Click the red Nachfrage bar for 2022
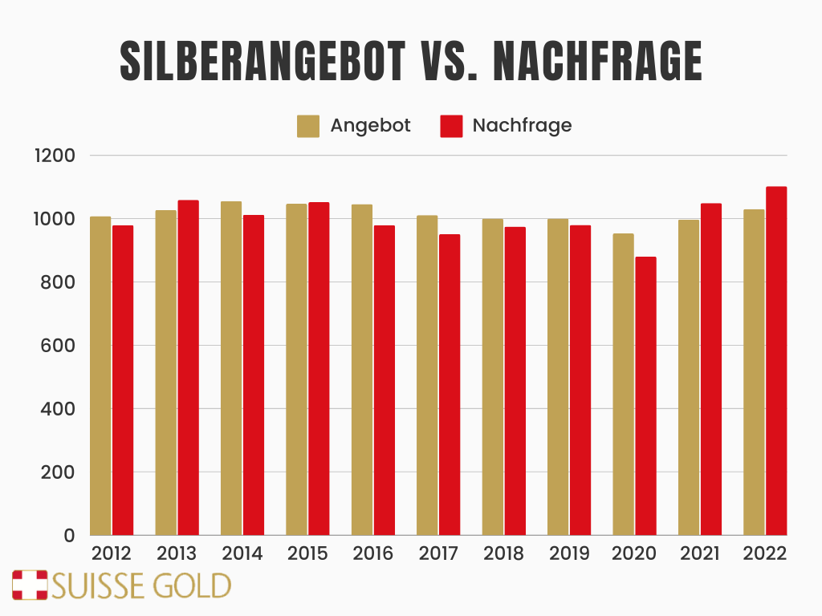[776, 361]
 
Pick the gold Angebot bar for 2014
[231, 368]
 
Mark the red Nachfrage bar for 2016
[384, 380]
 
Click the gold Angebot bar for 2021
[689, 377]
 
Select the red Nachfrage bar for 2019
[580, 380]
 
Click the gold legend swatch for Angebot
[308, 126]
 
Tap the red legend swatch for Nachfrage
[451, 126]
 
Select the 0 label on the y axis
[69, 536]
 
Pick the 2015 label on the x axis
[307, 553]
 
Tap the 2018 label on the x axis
[503, 553]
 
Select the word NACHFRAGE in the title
[598, 61]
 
